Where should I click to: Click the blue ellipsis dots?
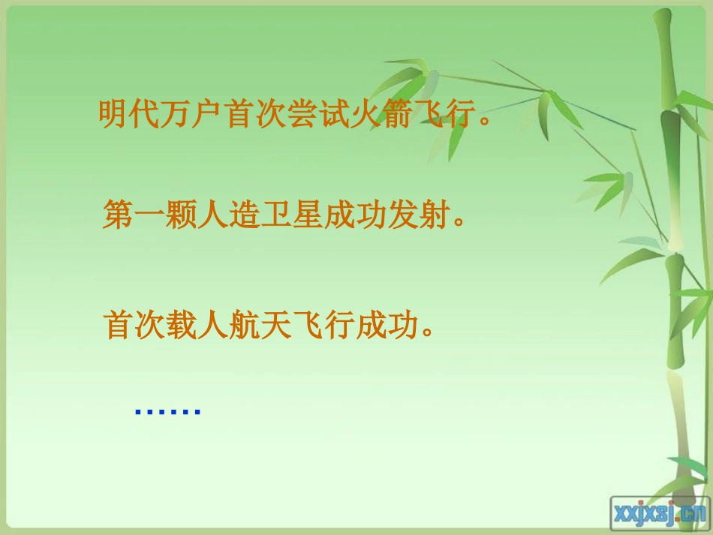click(167, 412)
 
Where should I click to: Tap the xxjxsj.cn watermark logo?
click(659, 512)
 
